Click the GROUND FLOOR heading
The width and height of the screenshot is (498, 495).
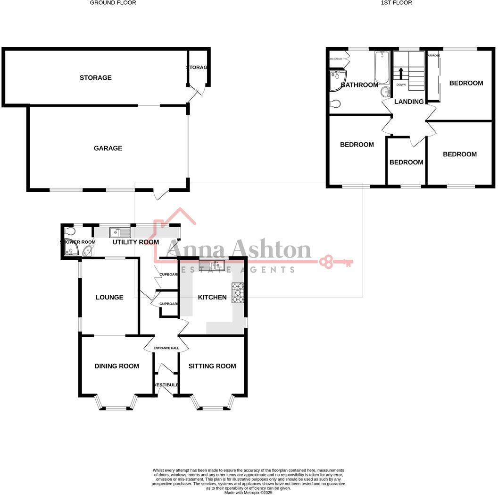pos(113,3)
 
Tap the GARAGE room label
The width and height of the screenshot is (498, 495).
pos(108,148)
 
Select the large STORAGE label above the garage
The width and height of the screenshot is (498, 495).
pos(96,77)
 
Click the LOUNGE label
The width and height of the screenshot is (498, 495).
pos(109,297)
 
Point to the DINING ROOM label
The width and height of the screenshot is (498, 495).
pos(116,366)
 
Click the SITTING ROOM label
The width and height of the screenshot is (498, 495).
pos(212,366)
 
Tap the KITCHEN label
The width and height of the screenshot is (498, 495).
pos(212,298)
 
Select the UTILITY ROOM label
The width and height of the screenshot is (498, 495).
pos(135,242)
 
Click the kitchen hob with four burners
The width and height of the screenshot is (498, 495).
pos(238,292)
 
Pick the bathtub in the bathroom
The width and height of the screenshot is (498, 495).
pos(381,68)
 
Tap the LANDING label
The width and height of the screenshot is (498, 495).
pos(408,102)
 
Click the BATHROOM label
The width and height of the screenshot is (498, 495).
pos(359,85)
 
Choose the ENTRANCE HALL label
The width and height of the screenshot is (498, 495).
pos(166,349)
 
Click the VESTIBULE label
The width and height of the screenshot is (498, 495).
pos(166,385)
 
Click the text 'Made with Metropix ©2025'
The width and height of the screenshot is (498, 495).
pos(249,493)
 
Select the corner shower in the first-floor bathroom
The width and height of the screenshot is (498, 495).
pos(338,80)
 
